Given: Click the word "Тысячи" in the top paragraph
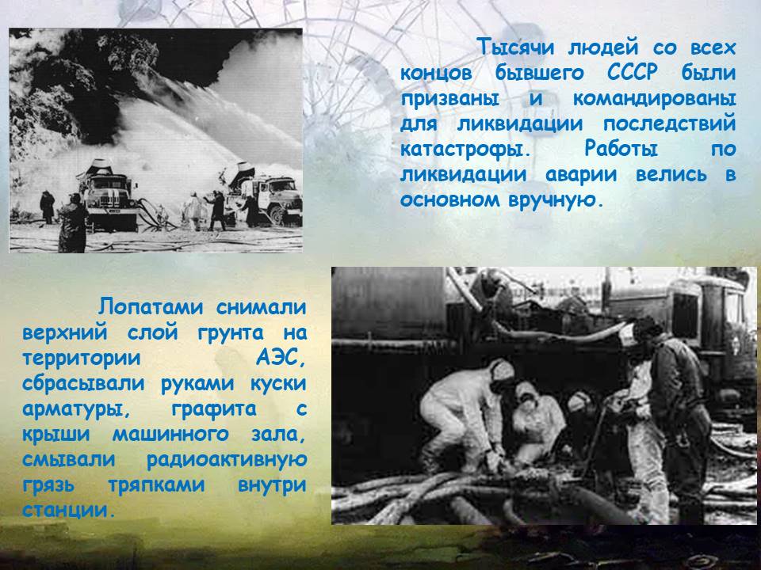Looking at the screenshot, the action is coord(516,47).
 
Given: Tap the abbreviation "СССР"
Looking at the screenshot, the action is coord(633,73).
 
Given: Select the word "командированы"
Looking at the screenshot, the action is coord(654,98).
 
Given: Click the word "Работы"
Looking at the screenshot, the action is coord(621,148).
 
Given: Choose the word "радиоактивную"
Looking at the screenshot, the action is coord(227,459).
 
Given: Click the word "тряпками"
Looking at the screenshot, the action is coord(156,484).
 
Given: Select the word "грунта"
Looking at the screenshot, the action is coord(231,333).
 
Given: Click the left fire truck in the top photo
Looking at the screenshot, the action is coord(108,194).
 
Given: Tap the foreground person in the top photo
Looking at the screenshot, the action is coord(72,224).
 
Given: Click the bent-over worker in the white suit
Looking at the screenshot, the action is coord(461,412).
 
